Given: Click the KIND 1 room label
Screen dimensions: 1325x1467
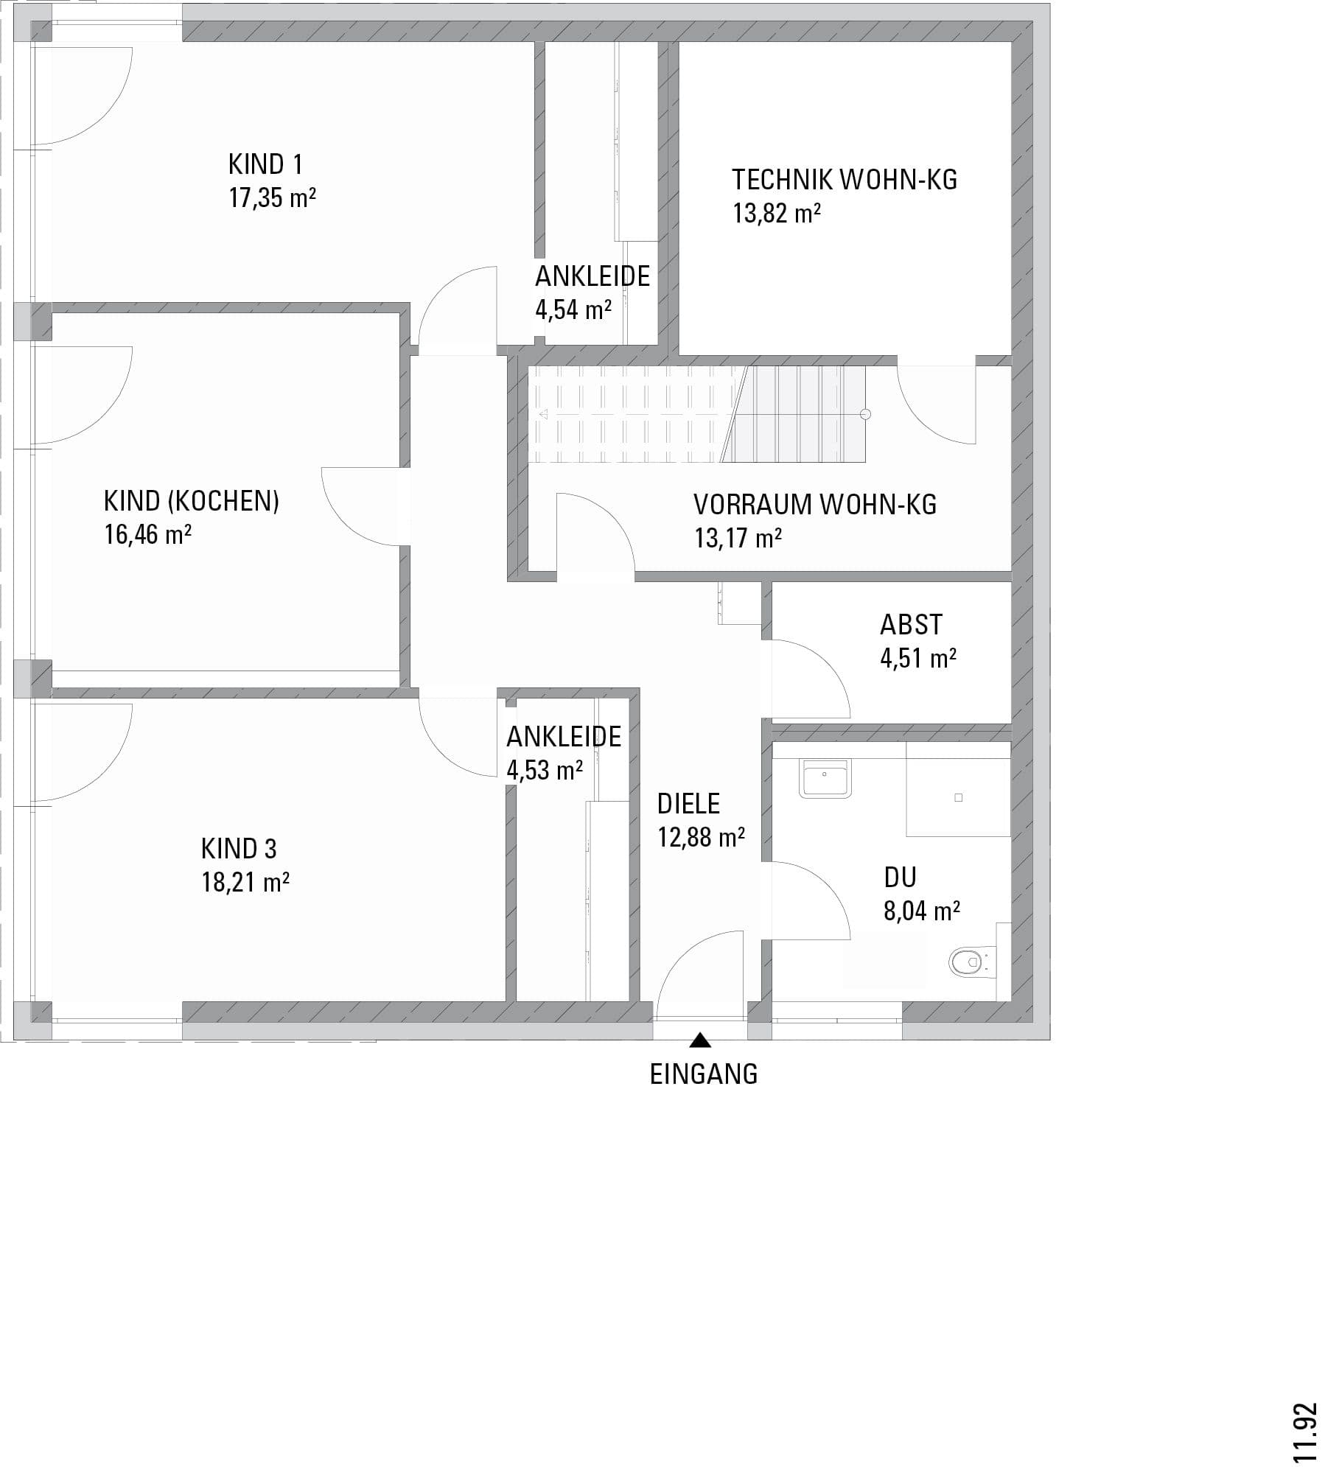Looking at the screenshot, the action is click(x=265, y=164).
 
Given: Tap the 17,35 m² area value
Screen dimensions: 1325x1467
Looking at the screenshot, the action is click(x=273, y=198).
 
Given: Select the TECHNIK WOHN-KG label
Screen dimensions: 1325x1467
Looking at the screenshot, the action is click(x=845, y=180).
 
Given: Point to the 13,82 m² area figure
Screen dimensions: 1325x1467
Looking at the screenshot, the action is click(x=777, y=214).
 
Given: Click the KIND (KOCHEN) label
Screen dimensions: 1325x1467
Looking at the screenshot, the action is click(x=192, y=501).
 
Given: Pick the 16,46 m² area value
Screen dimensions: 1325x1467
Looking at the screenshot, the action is click(x=148, y=534).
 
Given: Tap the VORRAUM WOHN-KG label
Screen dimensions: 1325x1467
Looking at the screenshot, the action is click(x=815, y=505).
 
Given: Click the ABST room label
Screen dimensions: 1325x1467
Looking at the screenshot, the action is click(x=911, y=625).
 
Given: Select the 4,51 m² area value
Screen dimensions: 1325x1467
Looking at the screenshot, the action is click(x=918, y=658).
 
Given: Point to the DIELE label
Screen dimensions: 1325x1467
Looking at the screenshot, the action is click(x=688, y=804).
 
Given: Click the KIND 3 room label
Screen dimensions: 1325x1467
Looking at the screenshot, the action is click(x=239, y=849).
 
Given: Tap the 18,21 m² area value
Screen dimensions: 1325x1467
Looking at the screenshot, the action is click(x=245, y=882).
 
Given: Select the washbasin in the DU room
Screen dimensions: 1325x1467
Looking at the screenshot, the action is click(x=825, y=779).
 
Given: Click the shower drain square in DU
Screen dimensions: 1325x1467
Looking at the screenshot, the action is click(x=958, y=798).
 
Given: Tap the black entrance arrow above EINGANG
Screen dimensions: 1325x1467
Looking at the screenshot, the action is click(x=700, y=1040).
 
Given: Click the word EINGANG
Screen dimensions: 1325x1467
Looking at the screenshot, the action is click(x=704, y=1074).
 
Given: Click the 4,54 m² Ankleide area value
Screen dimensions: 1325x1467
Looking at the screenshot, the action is click(x=573, y=310).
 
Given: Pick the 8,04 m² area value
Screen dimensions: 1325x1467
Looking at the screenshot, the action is click(x=922, y=911).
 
